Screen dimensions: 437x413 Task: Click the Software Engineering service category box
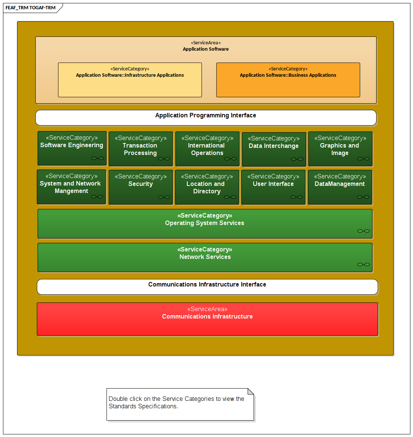point(72,148)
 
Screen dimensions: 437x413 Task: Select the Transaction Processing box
point(140,149)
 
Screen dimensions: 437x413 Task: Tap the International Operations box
point(207,149)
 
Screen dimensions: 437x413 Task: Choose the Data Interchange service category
point(274,149)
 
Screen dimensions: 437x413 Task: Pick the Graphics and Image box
point(340,149)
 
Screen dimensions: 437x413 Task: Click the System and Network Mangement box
point(71,187)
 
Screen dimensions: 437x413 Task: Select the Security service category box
point(140,187)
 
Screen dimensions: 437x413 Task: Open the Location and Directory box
point(207,187)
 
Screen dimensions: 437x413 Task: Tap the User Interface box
point(273,187)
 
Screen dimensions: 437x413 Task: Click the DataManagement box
point(340,187)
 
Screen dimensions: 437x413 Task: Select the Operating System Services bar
point(205,224)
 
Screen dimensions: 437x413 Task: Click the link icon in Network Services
point(363,265)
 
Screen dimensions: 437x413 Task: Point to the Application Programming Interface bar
point(206,118)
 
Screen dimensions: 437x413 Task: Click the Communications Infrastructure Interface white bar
point(207,287)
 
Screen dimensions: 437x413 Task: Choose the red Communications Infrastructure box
point(207,319)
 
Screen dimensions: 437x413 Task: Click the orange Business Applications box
point(288,80)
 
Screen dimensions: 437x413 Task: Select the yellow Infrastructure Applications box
point(130,80)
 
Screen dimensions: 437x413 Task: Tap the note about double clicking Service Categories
point(180,404)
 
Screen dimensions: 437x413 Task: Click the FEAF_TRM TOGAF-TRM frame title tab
point(31,8)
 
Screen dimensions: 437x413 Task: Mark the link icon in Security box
point(164,197)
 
